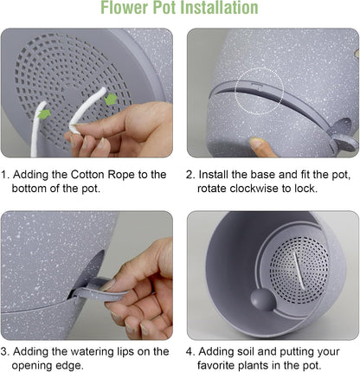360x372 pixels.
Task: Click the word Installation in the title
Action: [x=221, y=8]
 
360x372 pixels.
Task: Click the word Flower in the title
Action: [x=125, y=8]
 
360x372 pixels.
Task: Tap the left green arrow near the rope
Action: [x=44, y=113]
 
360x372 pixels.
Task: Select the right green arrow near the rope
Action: [x=110, y=99]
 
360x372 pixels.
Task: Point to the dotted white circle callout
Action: [x=259, y=91]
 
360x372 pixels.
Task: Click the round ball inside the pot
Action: [x=262, y=300]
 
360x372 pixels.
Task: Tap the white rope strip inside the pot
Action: [x=299, y=271]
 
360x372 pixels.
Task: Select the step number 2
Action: [x=190, y=175]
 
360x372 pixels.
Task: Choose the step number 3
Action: [x=4, y=351]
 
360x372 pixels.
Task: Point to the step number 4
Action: [x=190, y=351]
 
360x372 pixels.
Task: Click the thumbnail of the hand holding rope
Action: [x=87, y=93]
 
